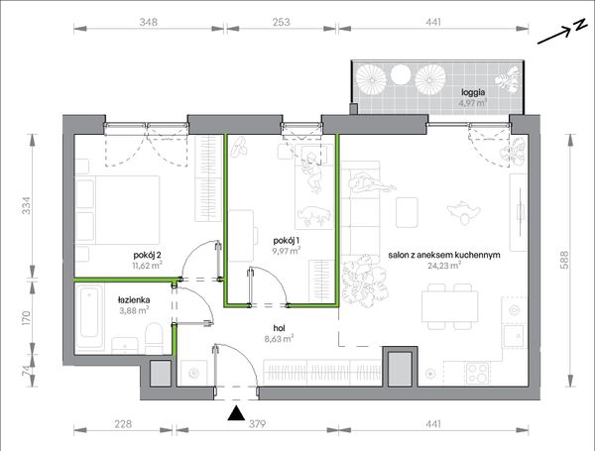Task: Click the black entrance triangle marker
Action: (x=236, y=413)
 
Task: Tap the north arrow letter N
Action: (x=579, y=26)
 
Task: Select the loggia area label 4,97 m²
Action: (x=473, y=102)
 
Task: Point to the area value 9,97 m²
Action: (x=287, y=251)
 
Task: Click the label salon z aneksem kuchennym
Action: (x=444, y=255)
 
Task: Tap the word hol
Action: (x=279, y=328)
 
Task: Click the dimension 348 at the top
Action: (x=149, y=22)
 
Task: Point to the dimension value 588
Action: (x=564, y=261)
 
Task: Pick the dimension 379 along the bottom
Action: (x=257, y=423)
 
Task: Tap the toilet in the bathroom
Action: (x=154, y=338)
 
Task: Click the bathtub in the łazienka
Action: (x=90, y=317)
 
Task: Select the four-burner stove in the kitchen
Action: (x=477, y=373)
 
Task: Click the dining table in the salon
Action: (x=449, y=306)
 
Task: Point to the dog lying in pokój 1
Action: (x=313, y=215)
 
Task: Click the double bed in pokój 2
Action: (x=117, y=209)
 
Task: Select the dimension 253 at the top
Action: (x=282, y=22)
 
